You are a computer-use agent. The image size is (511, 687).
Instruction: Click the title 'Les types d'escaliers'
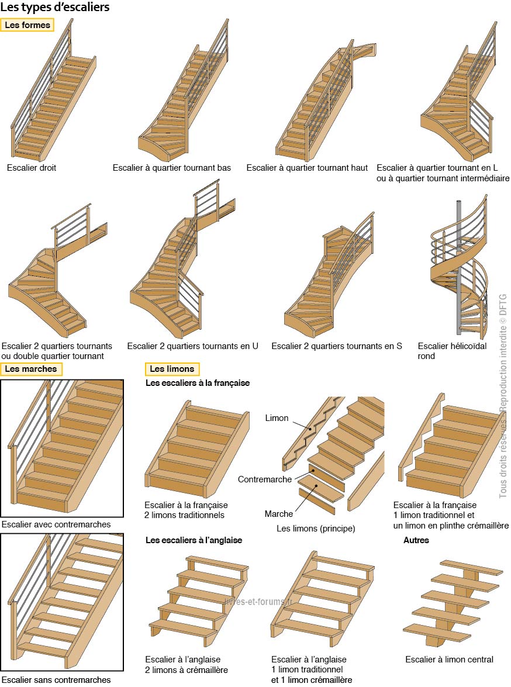click(55, 7)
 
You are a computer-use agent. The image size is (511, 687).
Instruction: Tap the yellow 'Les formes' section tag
click(27, 25)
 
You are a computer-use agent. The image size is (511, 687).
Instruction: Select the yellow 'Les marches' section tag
click(30, 369)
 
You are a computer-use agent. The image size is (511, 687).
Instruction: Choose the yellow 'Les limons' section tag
click(172, 369)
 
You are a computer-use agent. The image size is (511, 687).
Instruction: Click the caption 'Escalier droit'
click(32, 168)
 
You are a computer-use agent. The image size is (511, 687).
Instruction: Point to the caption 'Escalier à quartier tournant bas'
click(172, 168)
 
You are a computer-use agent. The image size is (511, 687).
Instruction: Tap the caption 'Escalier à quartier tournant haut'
click(307, 168)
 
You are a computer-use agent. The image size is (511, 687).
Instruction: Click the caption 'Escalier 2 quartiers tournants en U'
click(193, 346)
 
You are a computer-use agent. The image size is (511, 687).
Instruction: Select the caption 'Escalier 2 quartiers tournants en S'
click(337, 346)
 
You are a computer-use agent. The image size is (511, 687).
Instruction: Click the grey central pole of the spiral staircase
click(459, 263)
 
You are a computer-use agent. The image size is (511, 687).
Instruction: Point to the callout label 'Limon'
click(277, 418)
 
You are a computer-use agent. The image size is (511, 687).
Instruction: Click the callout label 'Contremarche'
click(265, 479)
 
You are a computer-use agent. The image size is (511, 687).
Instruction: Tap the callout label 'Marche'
click(279, 513)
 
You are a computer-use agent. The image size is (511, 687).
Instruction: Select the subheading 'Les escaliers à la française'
click(198, 383)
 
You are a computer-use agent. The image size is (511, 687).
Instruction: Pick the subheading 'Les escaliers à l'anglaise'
click(194, 540)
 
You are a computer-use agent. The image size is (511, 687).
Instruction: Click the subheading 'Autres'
click(416, 540)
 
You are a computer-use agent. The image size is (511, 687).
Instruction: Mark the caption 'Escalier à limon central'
click(449, 660)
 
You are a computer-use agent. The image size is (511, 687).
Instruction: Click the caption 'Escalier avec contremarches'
click(56, 524)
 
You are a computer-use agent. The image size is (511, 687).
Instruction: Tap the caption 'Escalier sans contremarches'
click(56, 679)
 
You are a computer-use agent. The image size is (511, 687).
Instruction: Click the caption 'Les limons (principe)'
click(316, 529)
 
